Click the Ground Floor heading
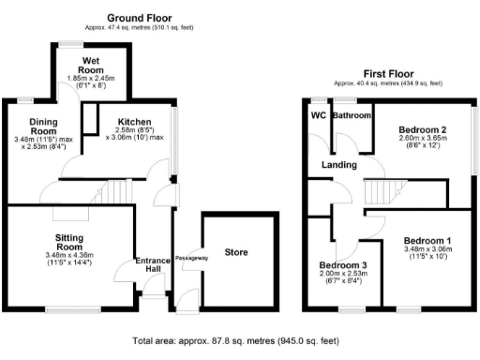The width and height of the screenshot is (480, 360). coord(146,18)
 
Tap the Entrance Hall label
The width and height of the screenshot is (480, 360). coord(152,266)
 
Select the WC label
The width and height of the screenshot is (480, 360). coord(318,115)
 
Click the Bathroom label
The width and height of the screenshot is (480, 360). coord(353,115)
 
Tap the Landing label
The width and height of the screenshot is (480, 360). coord(338,165)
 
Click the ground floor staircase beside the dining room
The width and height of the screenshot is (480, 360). coord(112,192)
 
